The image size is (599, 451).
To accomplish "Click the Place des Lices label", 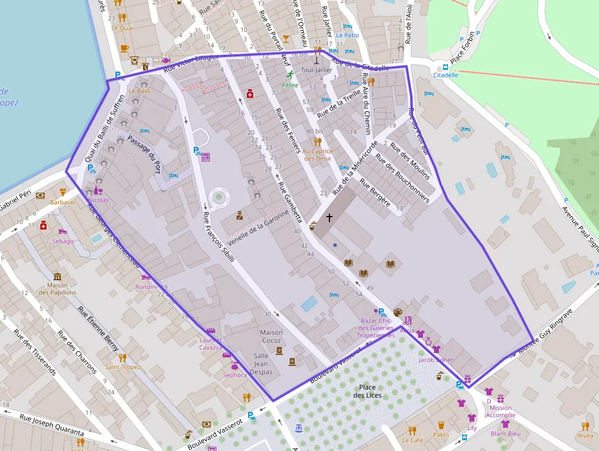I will (x=367, y=391).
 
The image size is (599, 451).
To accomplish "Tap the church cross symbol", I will (x=329, y=217).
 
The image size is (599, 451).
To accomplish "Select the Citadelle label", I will (x=445, y=75).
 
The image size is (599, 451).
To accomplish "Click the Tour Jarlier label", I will (x=317, y=70).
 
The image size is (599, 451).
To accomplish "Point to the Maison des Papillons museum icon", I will (x=57, y=276).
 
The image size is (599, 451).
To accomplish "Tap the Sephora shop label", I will (x=235, y=375).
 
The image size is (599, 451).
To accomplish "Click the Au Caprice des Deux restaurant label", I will (x=317, y=154).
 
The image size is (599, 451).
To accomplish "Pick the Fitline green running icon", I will (x=290, y=75).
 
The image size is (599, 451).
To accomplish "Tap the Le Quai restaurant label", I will (x=122, y=27).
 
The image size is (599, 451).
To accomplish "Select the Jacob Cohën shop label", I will (x=436, y=360).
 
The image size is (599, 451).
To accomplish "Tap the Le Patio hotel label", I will (x=347, y=35).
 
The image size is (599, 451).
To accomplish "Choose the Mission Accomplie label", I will (x=501, y=411).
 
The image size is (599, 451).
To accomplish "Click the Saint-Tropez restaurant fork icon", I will (x=122, y=357).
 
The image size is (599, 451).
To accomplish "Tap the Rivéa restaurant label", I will (x=585, y=436).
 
